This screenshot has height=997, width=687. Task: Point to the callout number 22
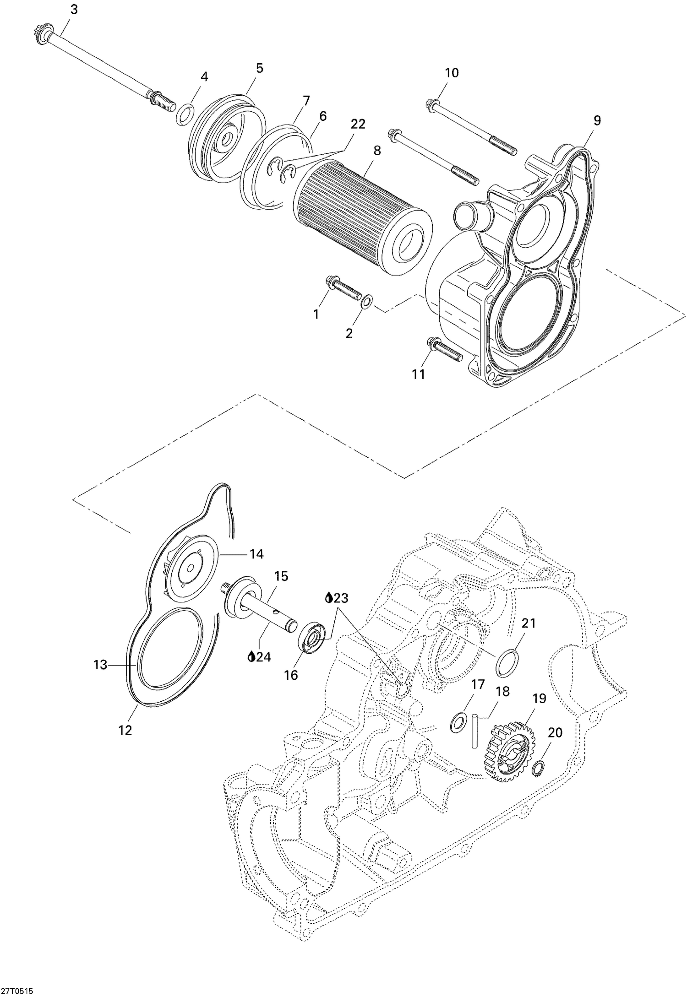pyautogui.click(x=358, y=124)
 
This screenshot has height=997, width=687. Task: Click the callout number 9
pyautogui.click(x=597, y=120)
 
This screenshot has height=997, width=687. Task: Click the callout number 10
pyautogui.click(x=452, y=73)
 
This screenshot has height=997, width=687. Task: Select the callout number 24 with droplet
pyautogui.click(x=259, y=657)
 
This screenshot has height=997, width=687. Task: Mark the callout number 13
pyautogui.click(x=100, y=665)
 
